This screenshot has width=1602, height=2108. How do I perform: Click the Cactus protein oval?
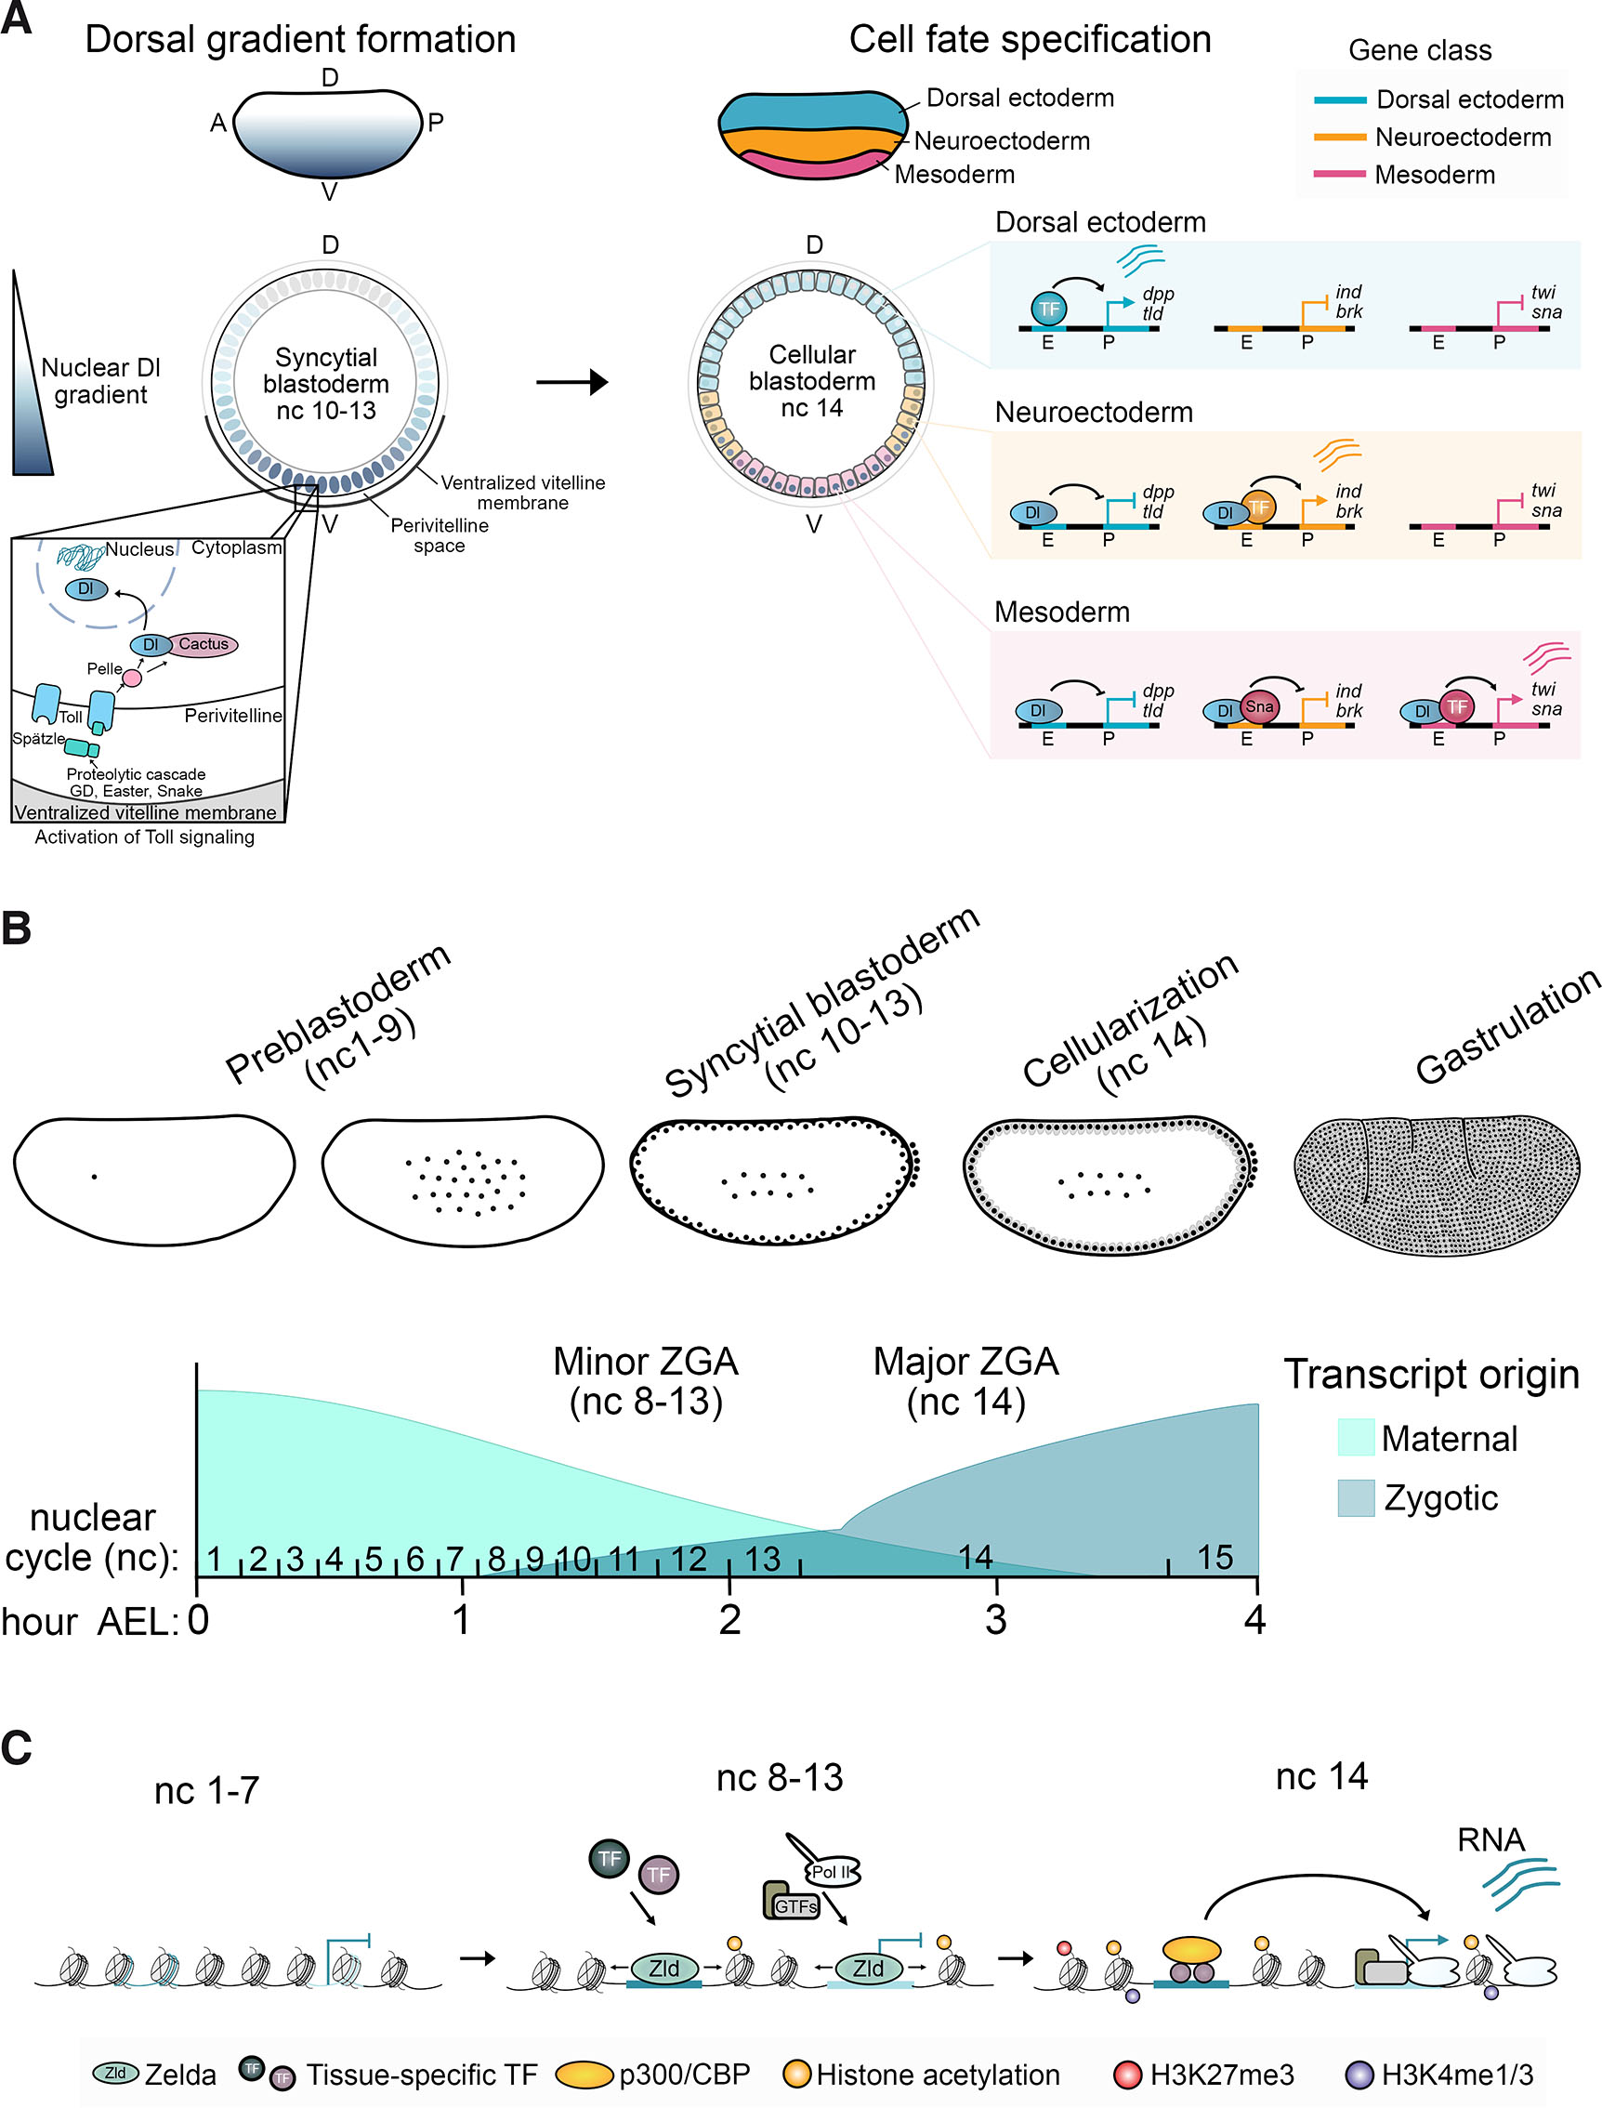[204, 645]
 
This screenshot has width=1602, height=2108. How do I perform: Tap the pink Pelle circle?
[132, 679]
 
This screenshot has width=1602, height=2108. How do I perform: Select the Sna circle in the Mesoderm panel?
[1259, 706]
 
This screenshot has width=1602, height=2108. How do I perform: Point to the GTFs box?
[794, 1904]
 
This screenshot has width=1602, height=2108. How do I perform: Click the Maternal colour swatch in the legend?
[1355, 1438]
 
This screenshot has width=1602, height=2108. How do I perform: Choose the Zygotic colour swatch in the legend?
[1355, 1497]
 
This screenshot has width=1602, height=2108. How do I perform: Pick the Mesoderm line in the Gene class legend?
[1339, 175]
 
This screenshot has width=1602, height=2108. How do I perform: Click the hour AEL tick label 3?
[995, 1620]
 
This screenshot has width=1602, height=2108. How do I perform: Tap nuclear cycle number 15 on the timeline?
[1215, 1558]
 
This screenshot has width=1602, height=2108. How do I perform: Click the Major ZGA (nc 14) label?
[965, 1381]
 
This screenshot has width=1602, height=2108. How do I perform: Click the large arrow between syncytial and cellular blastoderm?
[571, 383]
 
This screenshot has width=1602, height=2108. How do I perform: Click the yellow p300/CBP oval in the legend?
[583, 2075]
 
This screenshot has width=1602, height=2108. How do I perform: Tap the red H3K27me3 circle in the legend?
[1127, 2075]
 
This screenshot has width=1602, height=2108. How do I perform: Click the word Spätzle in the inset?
[38, 738]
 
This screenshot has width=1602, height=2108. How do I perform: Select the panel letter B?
[16, 929]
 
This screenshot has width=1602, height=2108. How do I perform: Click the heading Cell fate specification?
[1030, 40]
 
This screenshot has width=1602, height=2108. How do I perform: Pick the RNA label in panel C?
[1490, 1839]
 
